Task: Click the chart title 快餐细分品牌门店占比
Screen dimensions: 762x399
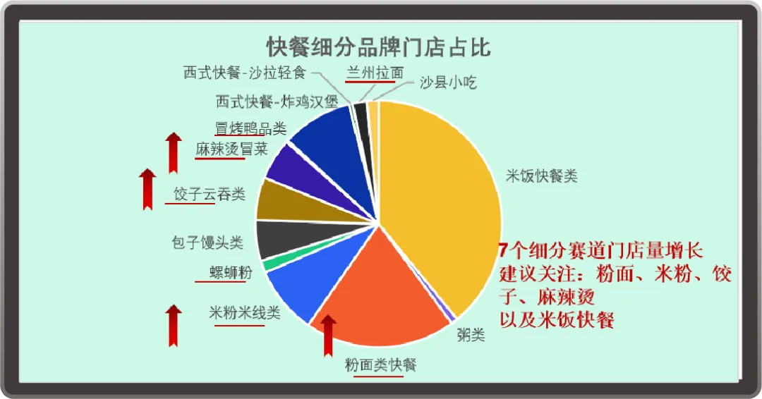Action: click(379, 47)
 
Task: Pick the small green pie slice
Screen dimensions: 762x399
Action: click(268, 263)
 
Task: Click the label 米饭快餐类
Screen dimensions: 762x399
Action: click(541, 176)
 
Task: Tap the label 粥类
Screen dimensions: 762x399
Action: click(471, 334)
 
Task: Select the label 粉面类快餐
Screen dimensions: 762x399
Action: click(380, 364)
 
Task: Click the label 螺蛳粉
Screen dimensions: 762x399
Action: click(230, 272)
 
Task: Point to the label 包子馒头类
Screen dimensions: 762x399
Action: click(207, 243)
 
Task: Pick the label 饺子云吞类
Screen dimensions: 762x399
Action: click(209, 194)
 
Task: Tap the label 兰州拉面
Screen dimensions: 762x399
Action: click(375, 73)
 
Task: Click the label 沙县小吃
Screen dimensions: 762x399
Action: click(448, 82)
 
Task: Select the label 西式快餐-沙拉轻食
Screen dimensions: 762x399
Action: click(244, 73)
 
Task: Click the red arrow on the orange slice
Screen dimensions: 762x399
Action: click(328, 336)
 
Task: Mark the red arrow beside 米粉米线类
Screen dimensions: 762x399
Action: click(173, 326)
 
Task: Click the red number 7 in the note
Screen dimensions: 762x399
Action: click(504, 250)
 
